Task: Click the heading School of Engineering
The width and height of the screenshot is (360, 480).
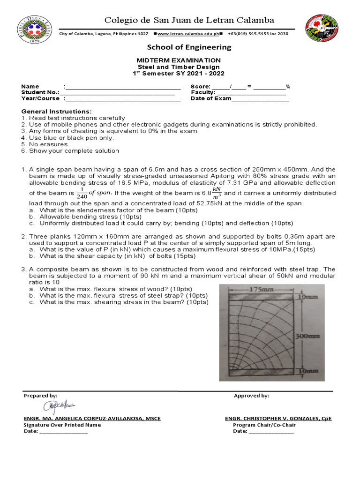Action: [189, 47]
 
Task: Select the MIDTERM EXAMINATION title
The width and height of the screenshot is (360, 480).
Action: [178, 60]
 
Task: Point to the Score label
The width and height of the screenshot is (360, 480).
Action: [200, 87]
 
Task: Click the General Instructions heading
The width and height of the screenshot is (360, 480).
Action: [57, 111]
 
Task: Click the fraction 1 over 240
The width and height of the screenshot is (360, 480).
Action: [82, 193]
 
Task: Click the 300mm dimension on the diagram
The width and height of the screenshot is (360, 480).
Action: [307, 336]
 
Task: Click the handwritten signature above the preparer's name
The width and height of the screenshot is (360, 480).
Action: [59, 406]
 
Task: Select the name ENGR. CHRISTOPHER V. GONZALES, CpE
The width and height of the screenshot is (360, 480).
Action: [278, 419]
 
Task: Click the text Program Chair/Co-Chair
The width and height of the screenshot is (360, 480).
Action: [264, 425]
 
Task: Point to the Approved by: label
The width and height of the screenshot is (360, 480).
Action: [251, 396]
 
